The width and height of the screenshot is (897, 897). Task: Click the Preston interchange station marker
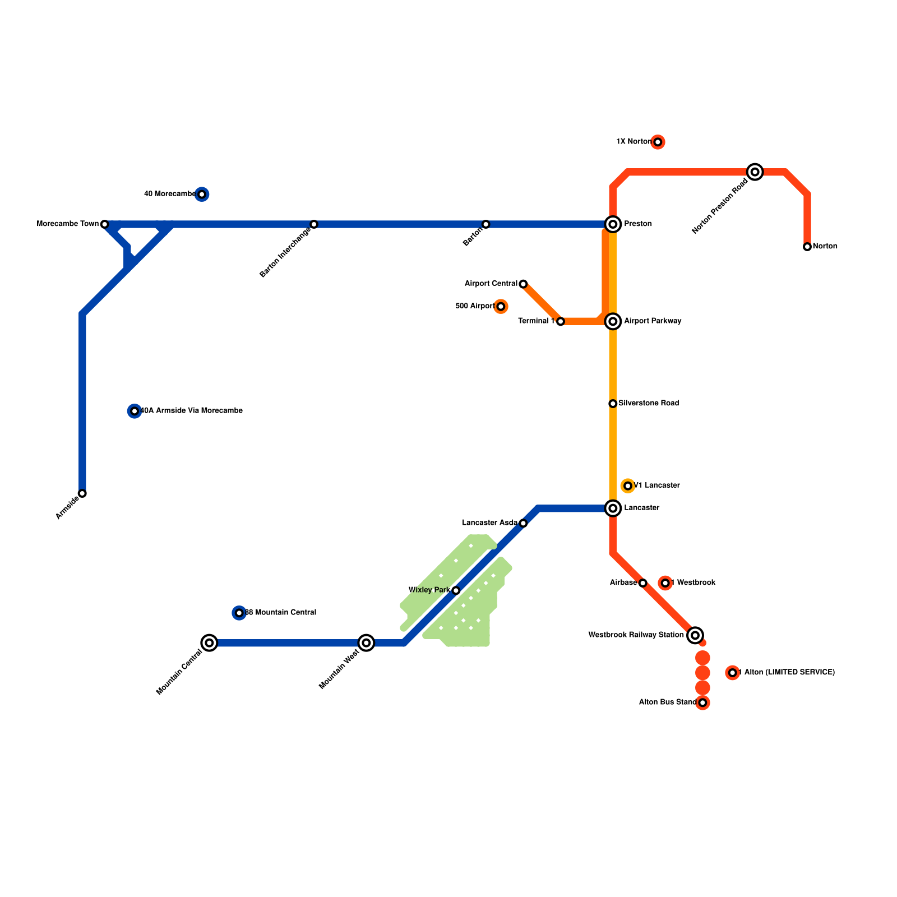tap(613, 224)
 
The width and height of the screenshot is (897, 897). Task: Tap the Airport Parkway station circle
tap(613, 321)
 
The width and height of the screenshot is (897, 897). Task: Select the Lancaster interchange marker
tap(613, 508)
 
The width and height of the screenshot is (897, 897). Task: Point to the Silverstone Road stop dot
tap(613, 404)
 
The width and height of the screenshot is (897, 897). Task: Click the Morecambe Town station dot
tap(104, 224)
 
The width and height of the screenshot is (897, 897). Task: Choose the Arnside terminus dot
tap(82, 493)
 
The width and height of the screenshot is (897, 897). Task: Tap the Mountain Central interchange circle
tap(209, 643)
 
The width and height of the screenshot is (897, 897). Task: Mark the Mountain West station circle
tap(366, 643)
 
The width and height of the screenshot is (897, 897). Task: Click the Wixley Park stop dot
tap(456, 590)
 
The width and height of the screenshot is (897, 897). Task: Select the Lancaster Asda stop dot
tap(523, 523)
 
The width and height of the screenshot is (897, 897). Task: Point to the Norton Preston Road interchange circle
tap(755, 172)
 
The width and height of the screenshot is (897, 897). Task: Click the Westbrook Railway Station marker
tap(695, 635)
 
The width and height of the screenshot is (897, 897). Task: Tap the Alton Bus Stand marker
tap(702, 702)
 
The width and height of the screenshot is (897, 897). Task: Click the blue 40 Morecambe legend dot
tap(202, 195)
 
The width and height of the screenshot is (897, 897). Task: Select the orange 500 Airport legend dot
tap(501, 307)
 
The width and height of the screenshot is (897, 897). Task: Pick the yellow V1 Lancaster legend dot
tap(628, 486)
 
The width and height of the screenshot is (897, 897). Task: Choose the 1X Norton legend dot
tap(658, 142)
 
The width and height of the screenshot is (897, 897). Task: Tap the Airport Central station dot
tap(523, 284)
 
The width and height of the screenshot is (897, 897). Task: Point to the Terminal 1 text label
tap(536, 321)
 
